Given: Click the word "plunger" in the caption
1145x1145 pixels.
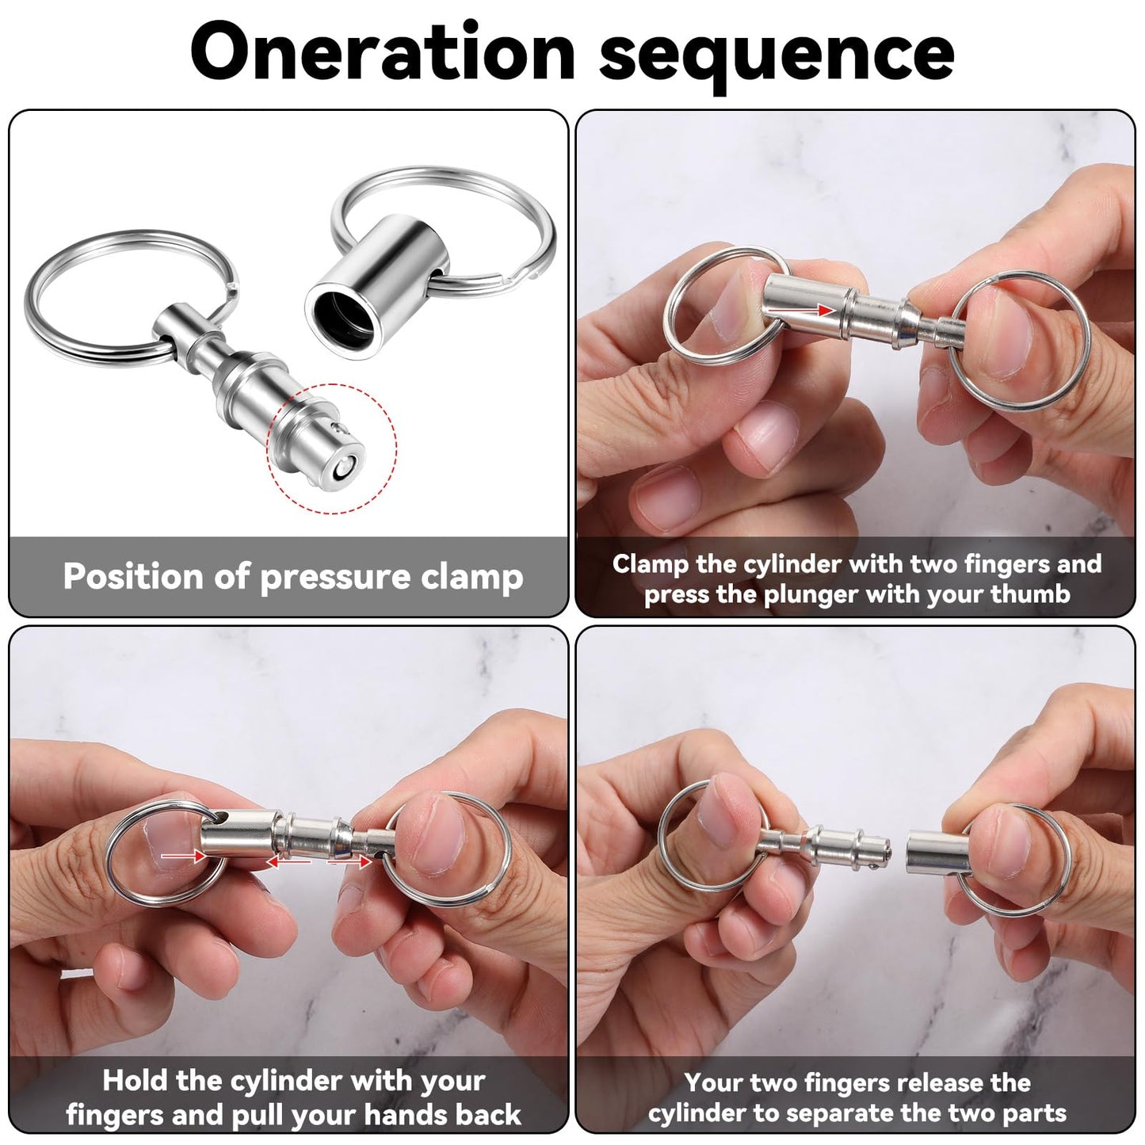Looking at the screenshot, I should click(x=811, y=594).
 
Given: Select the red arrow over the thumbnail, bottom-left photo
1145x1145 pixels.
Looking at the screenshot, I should click(x=178, y=855).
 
